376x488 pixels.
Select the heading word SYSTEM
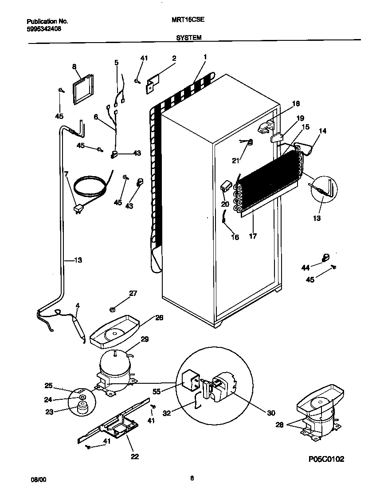[x=189, y=38]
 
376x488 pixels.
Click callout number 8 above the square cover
[x=74, y=67]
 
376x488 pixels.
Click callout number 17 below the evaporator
[x=253, y=236]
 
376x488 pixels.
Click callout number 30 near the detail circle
[x=271, y=413]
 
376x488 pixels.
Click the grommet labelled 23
[x=81, y=408]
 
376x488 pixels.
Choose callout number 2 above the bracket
[x=174, y=58]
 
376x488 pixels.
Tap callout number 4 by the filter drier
[x=78, y=306]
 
